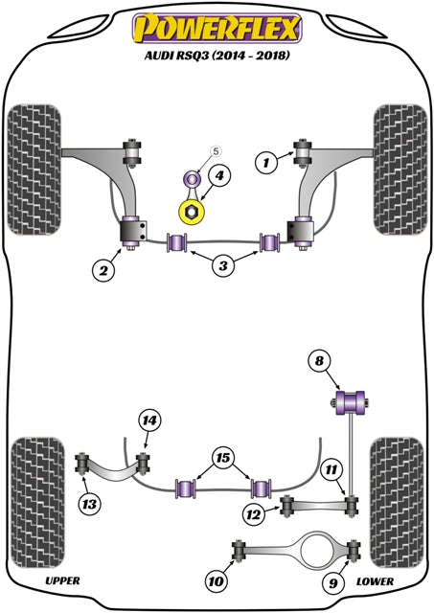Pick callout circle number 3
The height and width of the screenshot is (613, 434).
222,264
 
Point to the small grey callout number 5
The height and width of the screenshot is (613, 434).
216,151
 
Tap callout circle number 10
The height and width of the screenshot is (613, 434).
215,579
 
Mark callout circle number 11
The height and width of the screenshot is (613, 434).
330,469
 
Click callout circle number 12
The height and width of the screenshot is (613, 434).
253,514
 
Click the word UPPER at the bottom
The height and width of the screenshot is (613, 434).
62,580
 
